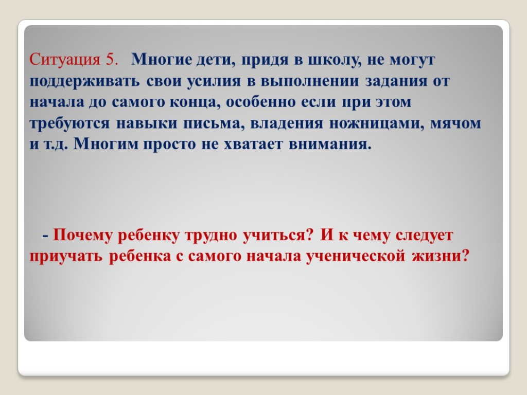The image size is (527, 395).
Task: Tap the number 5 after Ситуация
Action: pyautogui.click(x=111, y=60)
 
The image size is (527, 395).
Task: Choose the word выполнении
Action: pyautogui.click(x=309, y=81)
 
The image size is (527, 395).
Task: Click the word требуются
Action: pyautogui.click(x=69, y=123)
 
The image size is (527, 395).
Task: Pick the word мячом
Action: pyautogui.click(x=456, y=123)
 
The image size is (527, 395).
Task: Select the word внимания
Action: pyautogui.click(x=330, y=145)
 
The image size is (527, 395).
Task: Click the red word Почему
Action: pyautogui.click(x=83, y=235)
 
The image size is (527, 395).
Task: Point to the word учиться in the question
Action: pyautogui.click(x=278, y=236)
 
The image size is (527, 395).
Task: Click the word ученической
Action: pyautogui.click(x=356, y=257)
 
